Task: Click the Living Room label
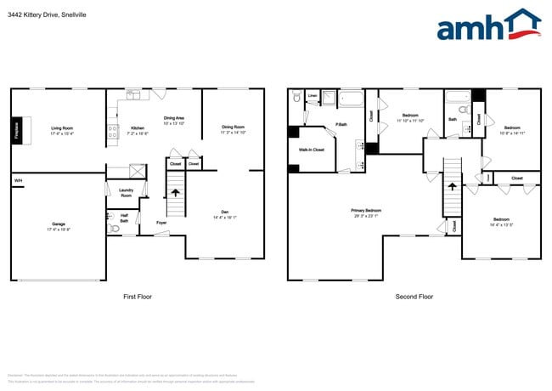click(62, 130)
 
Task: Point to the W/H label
click(18, 181)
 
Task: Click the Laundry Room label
click(126, 193)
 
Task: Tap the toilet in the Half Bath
click(115, 228)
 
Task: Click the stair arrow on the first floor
click(176, 193)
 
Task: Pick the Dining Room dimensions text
click(233, 132)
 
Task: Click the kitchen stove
click(112, 132)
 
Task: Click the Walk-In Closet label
click(311, 150)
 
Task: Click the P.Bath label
click(341, 126)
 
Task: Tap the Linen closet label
click(312, 95)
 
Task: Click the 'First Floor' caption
click(138, 297)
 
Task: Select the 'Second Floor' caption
click(414, 297)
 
